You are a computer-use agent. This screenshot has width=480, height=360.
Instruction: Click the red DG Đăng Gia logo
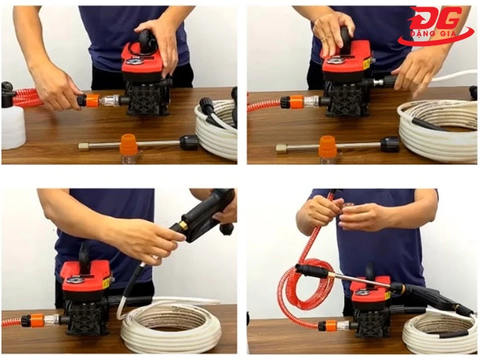tap(437, 27)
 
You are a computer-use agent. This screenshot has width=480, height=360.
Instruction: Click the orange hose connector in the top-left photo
tap(91, 101)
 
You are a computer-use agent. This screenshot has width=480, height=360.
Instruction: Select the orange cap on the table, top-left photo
tap(128, 144)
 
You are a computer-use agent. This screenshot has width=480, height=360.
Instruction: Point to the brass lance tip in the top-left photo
tap(84, 145)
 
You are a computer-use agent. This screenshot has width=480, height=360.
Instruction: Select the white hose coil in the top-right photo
tap(437, 130)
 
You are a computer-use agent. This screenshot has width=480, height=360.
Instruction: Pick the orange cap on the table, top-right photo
tap(327, 146)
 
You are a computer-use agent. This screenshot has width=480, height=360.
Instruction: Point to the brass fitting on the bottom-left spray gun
tap(179, 229)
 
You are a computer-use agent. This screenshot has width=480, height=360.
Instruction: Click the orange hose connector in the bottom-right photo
tap(326, 325)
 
